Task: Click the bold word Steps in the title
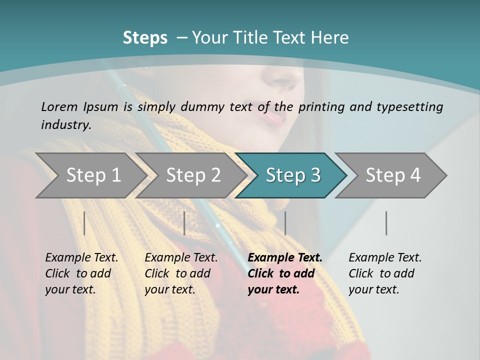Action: pyautogui.click(x=145, y=38)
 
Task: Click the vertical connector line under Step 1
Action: pyautogui.click(x=84, y=223)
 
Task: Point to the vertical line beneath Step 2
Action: pyautogui.click(x=184, y=223)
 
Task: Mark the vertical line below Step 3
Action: pyautogui.click(x=285, y=223)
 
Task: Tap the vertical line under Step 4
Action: pyautogui.click(x=386, y=223)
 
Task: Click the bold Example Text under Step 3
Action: pyautogui.click(x=285, y=273)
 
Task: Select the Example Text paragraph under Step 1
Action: pyautogui.click(x=81, y=273)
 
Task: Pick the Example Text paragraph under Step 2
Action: pyautogui.click(x=181, y=273)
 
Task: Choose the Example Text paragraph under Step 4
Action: pyautogui.click(x=385, y=273)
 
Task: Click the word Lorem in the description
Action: pyautogui.click(x=59, y=106)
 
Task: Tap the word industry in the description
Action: pyautogui.click(x=65, y=124)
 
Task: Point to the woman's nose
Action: pyautogui.click(x=283, y=80)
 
